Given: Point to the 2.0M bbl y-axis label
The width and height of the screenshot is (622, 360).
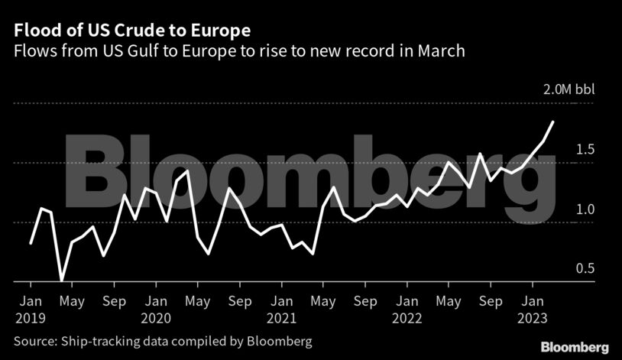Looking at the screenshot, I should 568,89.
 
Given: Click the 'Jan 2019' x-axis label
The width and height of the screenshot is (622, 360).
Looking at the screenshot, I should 30,308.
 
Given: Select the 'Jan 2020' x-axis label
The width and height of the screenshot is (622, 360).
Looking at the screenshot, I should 157,308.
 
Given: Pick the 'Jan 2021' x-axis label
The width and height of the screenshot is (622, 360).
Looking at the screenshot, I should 283,308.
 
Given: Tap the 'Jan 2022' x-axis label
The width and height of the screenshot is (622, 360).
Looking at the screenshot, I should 409,308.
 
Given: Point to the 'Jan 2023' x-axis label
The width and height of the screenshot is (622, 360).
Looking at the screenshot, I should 534,308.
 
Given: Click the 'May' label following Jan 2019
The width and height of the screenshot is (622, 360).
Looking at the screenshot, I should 72,301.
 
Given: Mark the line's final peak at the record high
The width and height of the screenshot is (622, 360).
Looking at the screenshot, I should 553,122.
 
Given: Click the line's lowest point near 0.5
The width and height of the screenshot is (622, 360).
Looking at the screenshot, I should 61,281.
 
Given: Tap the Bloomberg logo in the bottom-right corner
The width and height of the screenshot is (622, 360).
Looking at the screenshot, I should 575,347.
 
